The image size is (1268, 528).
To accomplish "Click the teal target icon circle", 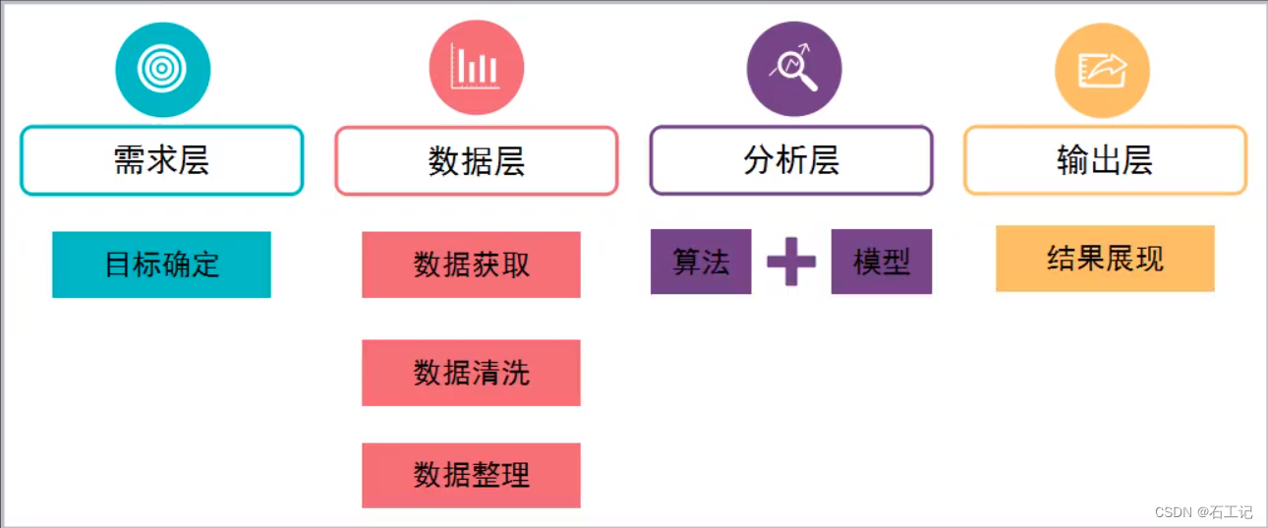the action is coord(163,70).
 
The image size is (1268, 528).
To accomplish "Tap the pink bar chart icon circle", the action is coord(477,69).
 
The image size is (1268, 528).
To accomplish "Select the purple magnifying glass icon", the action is coord(794,69).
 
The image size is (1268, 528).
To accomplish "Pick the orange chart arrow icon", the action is coord(1102,70).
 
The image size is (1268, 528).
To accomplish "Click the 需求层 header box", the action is coord(162,160).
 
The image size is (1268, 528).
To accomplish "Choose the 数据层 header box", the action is coord(477,161).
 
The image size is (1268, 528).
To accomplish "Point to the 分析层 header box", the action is coord(791,160).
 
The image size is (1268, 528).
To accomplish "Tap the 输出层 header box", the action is coord(1105,160).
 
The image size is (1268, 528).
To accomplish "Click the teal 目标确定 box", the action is coord(161,264).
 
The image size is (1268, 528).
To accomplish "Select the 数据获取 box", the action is coord(471,264).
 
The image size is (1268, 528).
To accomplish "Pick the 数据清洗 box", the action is coord(471,373).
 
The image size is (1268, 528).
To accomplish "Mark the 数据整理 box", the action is coord(471,476).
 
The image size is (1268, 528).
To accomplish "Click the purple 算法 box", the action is coord(701,262).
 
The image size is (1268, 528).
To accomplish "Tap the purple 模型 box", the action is coord(882,262).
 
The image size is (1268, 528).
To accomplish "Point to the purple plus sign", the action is coord(791,262).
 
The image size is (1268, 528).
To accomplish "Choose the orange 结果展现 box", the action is coord(1105,259).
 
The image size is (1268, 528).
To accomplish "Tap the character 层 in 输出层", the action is coord(1137,160).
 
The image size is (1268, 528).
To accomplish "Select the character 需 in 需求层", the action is coord(130,160).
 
